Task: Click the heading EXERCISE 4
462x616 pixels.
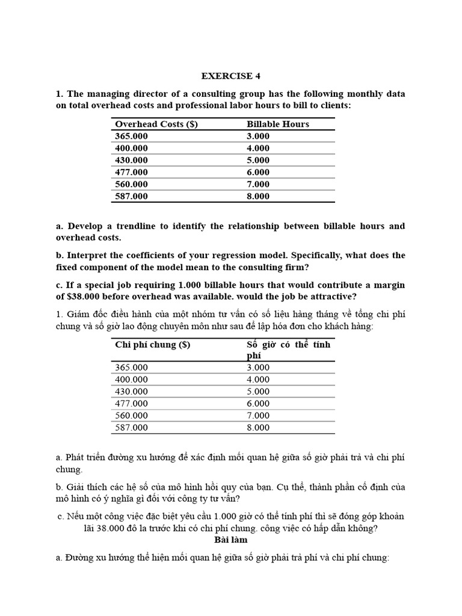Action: [x=231, y=76]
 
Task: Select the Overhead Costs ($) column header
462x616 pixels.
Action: [x=156, y=124]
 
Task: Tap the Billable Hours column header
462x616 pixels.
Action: [x=277, y=124]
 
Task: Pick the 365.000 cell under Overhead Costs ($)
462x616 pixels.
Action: [x=131, y=136]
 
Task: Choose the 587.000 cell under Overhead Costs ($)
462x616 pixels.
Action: [x=131, y=196]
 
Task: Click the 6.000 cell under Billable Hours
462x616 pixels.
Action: [x=258, y=172]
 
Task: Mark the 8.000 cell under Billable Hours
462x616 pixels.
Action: [x=258, y=196]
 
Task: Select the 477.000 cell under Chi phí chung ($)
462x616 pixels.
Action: [x=131, y=404]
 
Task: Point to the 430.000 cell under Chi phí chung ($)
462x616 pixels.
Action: [x=131, y=392]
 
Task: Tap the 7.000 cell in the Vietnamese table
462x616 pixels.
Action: [x=258, y=416]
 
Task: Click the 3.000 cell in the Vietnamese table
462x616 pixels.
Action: [x=258, y=368]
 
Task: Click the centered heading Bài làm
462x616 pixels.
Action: [x=231, y=540]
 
